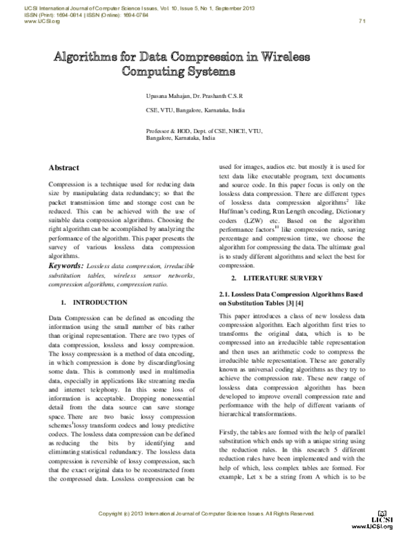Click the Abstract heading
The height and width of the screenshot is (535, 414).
click(63, 168)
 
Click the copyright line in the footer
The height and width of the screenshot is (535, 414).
click(207, 514)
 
